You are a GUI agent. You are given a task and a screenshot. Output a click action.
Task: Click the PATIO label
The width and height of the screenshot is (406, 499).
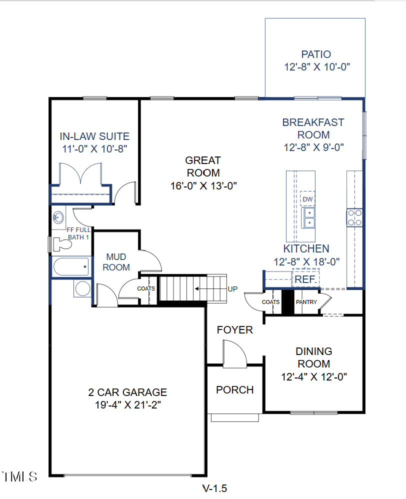coord(315,54)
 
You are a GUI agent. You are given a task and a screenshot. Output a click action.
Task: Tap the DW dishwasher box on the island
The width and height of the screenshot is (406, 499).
coord(307,199)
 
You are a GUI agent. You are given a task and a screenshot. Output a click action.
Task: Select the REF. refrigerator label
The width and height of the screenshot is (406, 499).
coord(305,279)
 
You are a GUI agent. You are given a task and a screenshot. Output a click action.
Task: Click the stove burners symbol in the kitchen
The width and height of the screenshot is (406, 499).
coord(354,217)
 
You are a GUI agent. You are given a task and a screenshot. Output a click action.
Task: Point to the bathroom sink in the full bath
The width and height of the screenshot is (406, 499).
coord(58,217)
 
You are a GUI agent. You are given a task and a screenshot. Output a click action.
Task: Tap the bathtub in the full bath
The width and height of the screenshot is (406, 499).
coord(71,266)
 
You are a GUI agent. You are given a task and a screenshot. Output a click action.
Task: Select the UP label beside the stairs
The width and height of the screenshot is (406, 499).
coord(232,288)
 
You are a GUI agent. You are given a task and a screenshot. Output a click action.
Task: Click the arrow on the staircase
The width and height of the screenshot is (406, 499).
coord(204,288)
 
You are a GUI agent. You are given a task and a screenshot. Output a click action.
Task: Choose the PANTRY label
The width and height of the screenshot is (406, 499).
coord(306,302)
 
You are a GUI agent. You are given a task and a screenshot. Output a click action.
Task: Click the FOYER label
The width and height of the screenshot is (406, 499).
coord(234,330)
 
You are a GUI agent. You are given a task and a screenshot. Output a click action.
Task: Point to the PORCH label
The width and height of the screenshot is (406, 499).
coord(234,390)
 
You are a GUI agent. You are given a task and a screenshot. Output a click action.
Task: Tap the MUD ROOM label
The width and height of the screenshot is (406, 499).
coord(116,262)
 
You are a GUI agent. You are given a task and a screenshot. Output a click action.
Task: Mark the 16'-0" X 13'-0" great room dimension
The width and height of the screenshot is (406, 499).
coord(202,185)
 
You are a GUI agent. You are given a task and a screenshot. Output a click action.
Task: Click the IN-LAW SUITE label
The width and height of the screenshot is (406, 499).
coord(94,136)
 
